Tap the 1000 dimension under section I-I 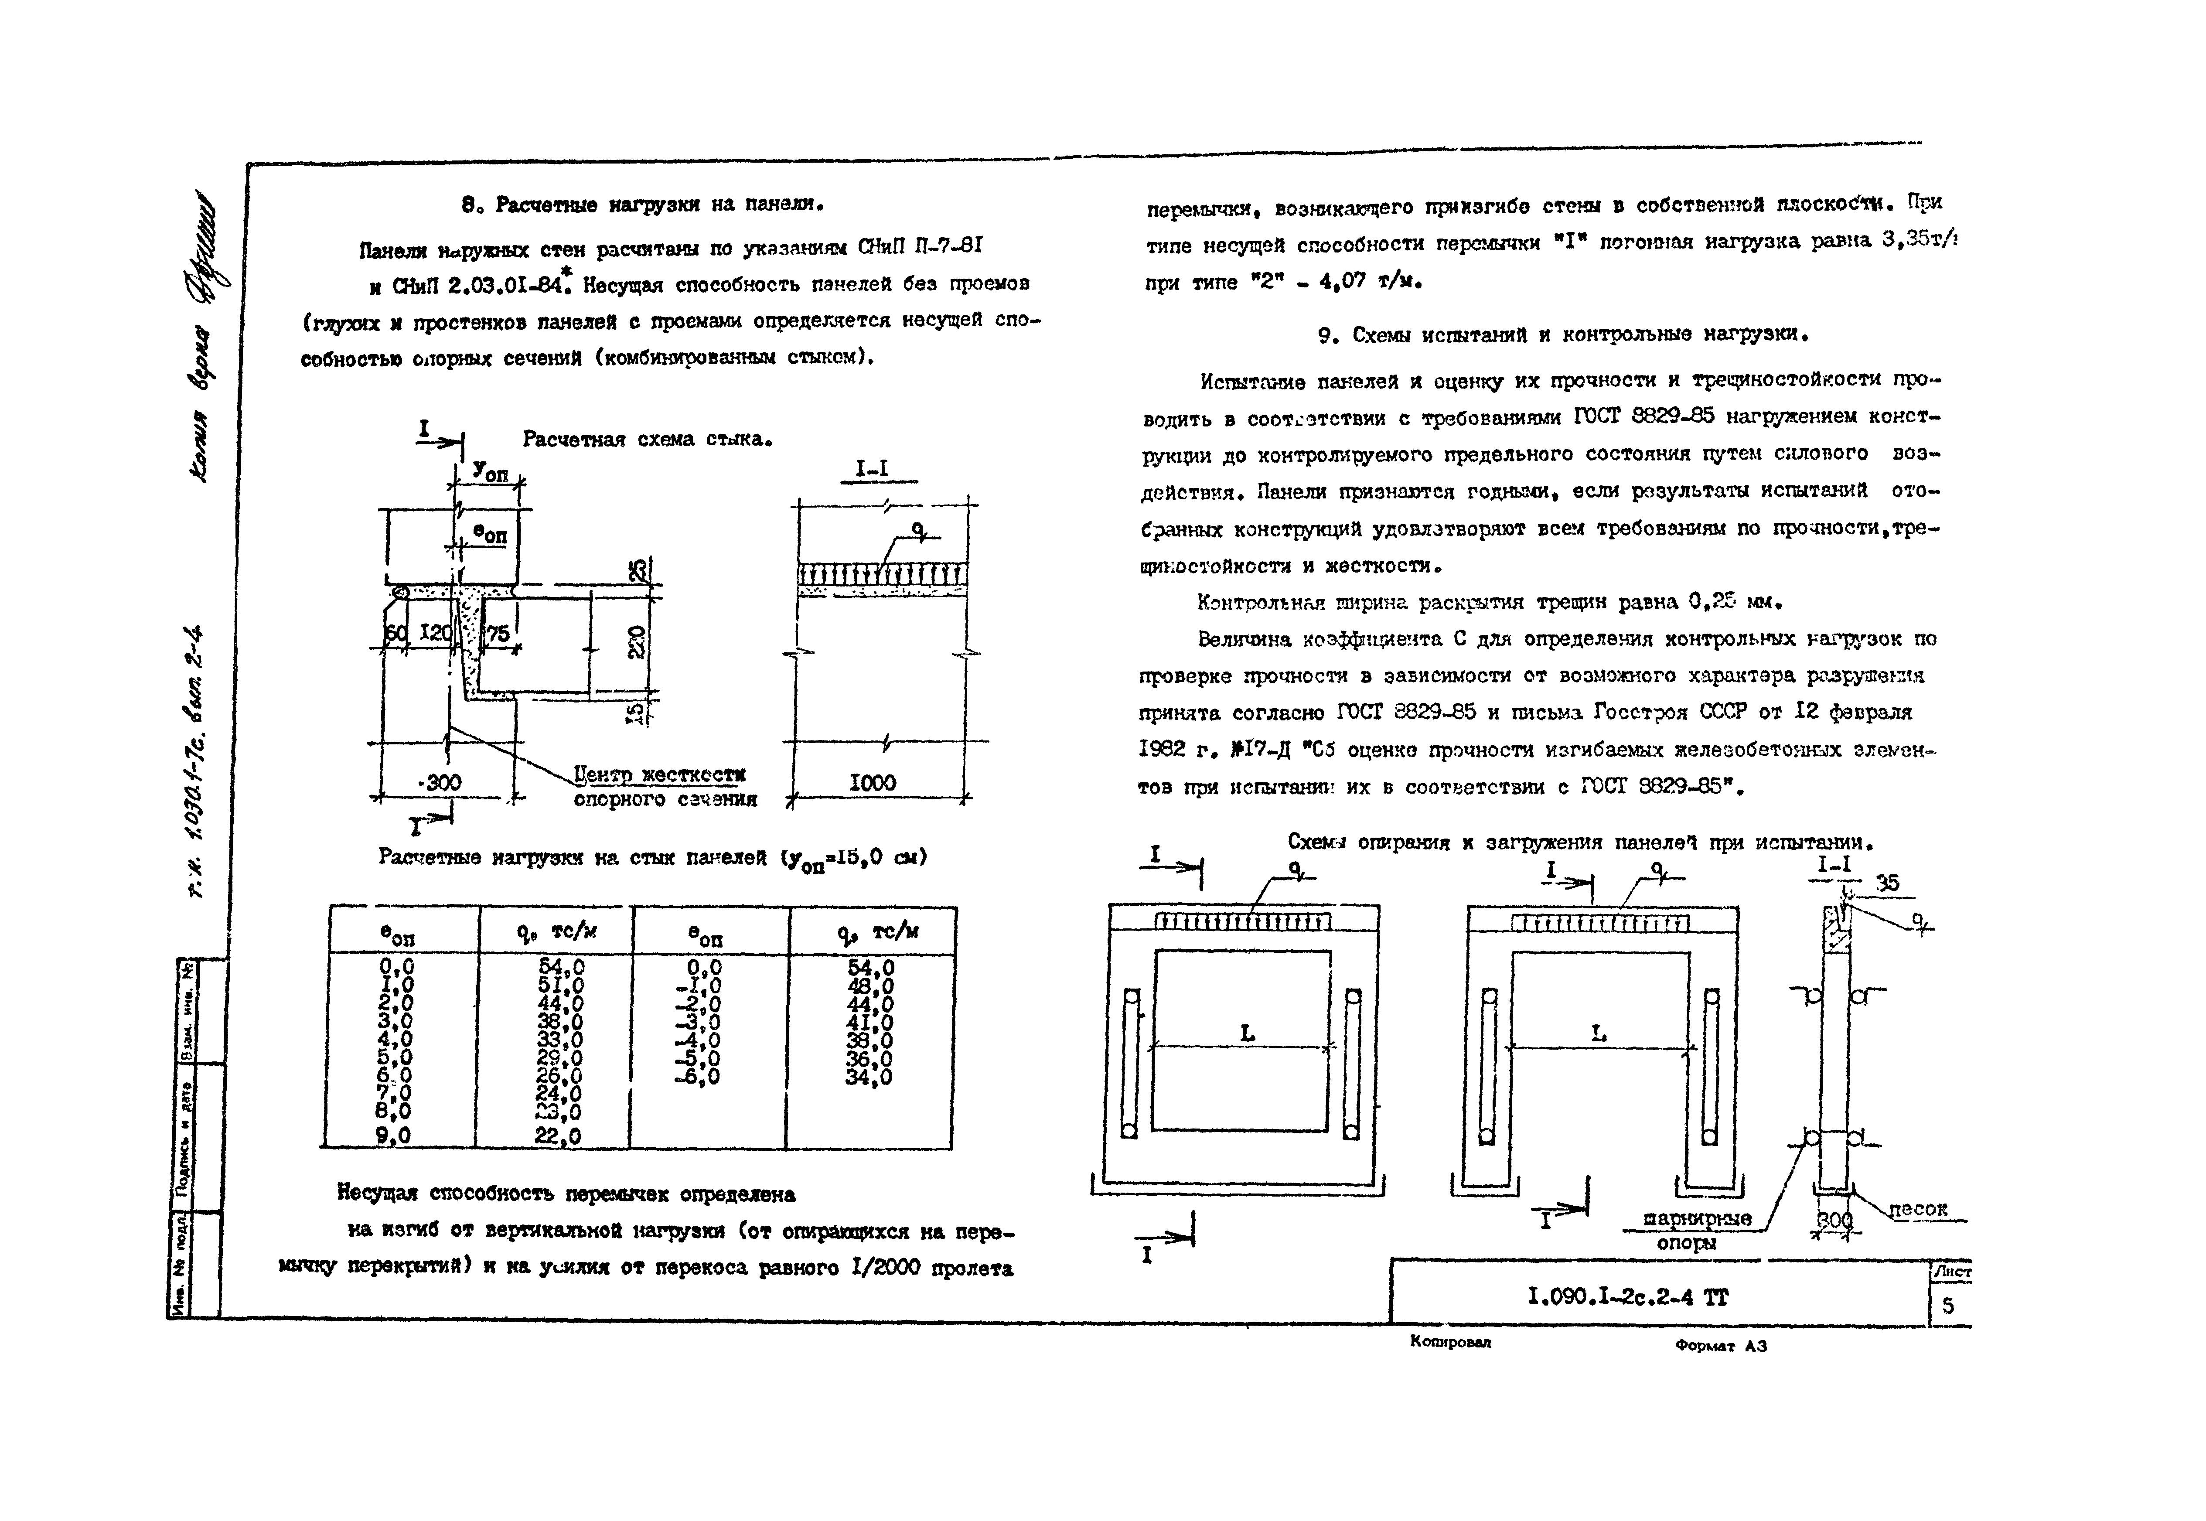point(872,782)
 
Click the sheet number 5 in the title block point(1948,1305)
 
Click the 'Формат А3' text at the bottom point(1720,1346)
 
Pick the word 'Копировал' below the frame point(1450,1342)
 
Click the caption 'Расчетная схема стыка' point(646,439)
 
